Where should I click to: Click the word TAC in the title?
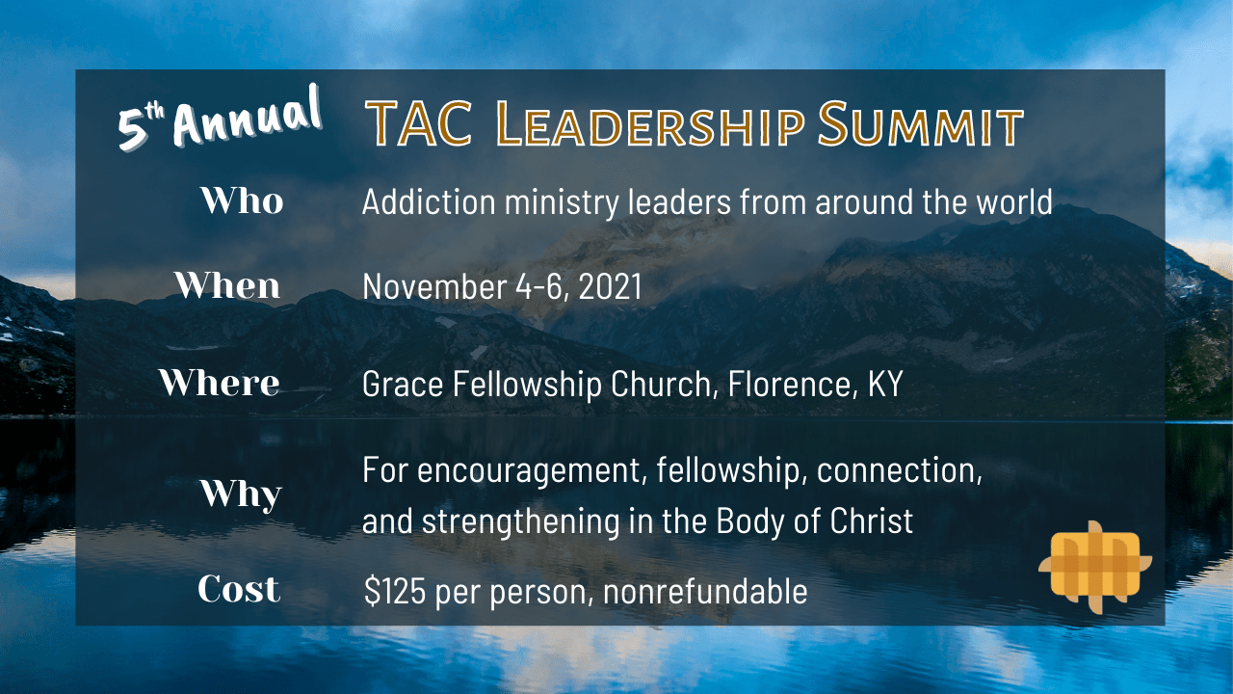419,124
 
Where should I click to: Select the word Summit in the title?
920,124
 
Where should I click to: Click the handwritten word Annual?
247,118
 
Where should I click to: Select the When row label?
227,285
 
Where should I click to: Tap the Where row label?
220,383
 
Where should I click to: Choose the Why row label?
241,494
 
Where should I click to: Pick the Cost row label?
239,588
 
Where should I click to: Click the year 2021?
611,286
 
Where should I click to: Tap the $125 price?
395,591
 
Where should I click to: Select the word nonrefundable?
705,591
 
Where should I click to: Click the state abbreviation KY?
885,384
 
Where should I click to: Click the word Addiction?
429,201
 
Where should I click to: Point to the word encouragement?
532,471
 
